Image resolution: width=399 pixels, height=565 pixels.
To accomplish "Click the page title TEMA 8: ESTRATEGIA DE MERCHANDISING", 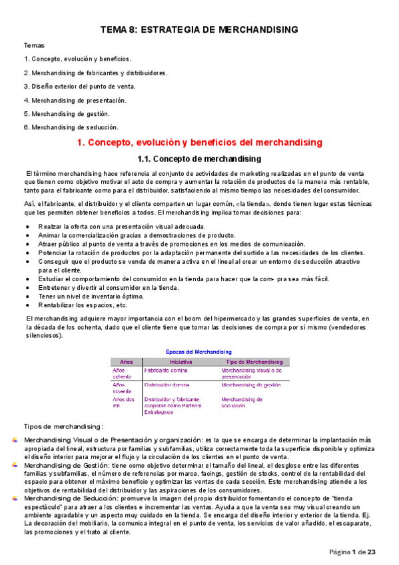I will coord(199,29).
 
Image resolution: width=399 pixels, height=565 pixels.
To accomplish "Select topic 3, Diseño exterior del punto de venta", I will coord(79,86).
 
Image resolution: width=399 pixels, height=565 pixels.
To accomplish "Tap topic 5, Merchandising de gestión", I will coord(73,113).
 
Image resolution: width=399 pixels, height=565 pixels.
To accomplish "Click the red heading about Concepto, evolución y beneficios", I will coord(199,143).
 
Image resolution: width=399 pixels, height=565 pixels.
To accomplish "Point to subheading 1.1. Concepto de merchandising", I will coord(199,159).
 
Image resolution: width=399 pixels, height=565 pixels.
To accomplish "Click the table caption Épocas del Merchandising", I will coord(198,351).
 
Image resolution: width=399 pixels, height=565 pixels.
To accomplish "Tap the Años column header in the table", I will coord(126,360).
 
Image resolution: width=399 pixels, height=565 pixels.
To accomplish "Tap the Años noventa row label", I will coord(123,388).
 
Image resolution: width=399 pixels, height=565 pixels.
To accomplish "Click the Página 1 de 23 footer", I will coord(353,552).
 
